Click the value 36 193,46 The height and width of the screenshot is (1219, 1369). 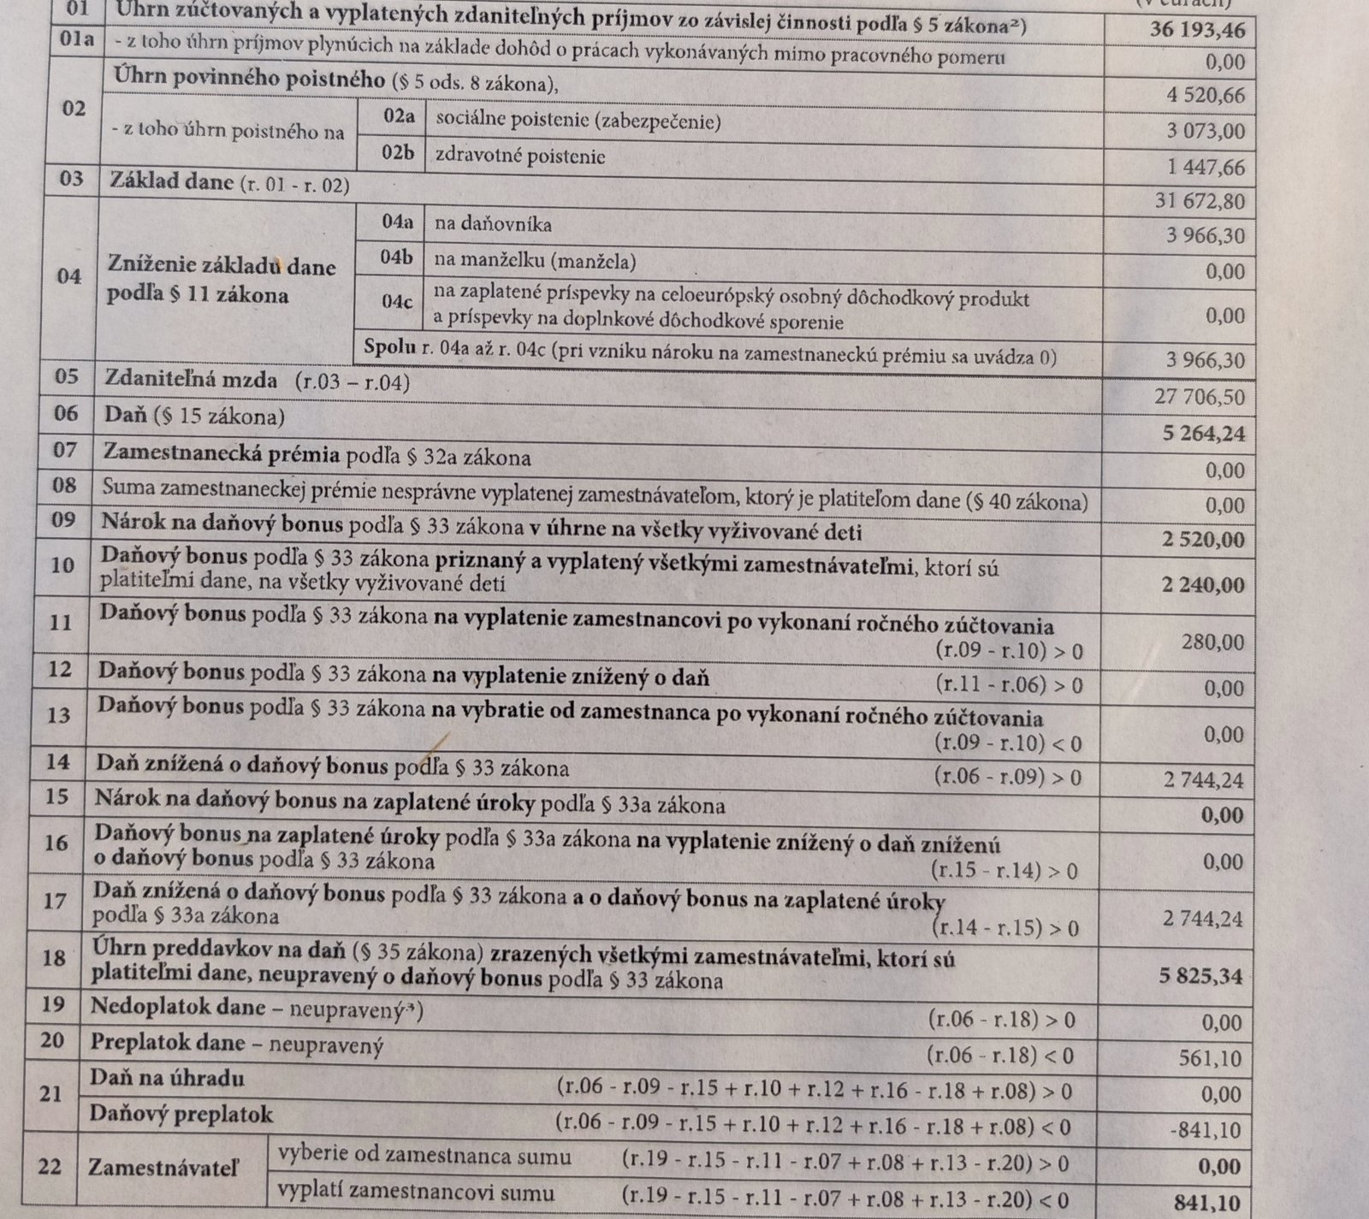(x=1197, y=31)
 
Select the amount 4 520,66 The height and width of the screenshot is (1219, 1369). (x=1205, y=95)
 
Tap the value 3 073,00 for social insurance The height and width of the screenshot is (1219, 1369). (x=1205, y=132)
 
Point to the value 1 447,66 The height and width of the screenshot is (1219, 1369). (x=1205, y=167)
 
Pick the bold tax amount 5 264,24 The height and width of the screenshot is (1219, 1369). (x=1203, y=434)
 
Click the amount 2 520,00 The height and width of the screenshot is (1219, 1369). (x=1203, y=541)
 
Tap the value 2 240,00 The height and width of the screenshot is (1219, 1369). (x=1203, y=585)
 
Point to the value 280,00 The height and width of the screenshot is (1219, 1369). (x=1214, y=642)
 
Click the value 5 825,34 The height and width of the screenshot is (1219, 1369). (x=1200, y=976)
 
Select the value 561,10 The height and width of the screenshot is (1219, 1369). (x=1208, y=1059)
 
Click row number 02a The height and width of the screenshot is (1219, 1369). (x=399, y=117)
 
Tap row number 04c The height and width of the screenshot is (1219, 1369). (x=397, y=302)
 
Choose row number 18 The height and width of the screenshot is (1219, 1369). (x=54, y=957)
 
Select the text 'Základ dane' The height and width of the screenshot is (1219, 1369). (x=172, y=181)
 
